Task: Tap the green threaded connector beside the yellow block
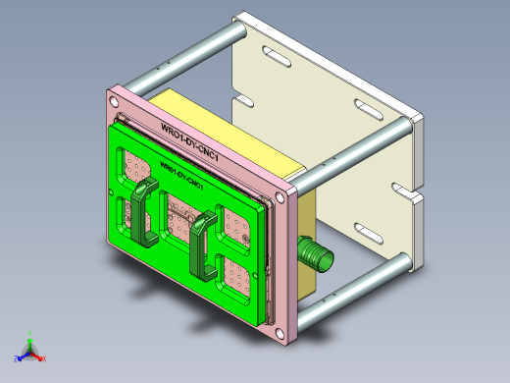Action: point(316,254)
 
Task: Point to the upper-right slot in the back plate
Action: point(368,107)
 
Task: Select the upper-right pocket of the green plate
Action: point(237,228)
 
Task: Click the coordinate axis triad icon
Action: point(30,349)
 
